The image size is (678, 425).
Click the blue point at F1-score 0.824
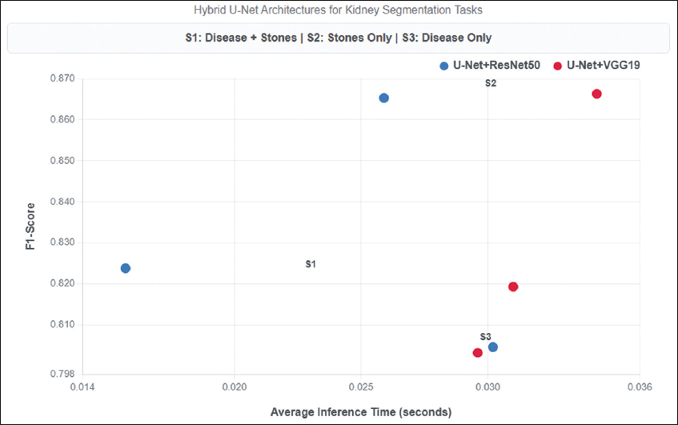(126, 268)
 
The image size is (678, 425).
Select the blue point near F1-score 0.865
(384, 98)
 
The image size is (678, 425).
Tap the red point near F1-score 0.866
(596, 94)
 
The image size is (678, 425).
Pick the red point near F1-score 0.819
(513, 287)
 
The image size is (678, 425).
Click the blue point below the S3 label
(493, 347)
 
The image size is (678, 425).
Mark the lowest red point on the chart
(478, 353)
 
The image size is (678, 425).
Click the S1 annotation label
(311, 263)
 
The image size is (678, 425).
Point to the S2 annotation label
(491, 83)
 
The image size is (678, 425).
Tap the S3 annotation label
(486, 337)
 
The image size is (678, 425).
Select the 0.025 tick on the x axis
(362, 387)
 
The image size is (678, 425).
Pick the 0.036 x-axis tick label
(639, 387)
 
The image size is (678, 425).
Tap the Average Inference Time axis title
(361, 411)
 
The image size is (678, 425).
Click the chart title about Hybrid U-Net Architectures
(339, 10)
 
